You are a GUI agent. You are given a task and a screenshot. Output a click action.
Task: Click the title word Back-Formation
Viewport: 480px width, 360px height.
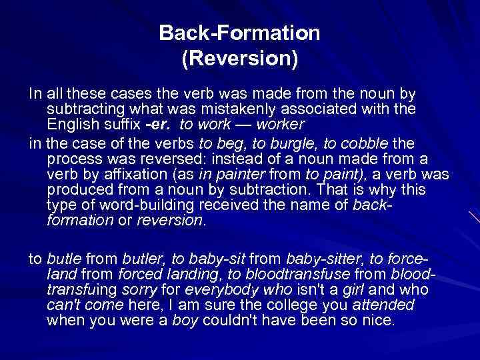click(x=239, y=33)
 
